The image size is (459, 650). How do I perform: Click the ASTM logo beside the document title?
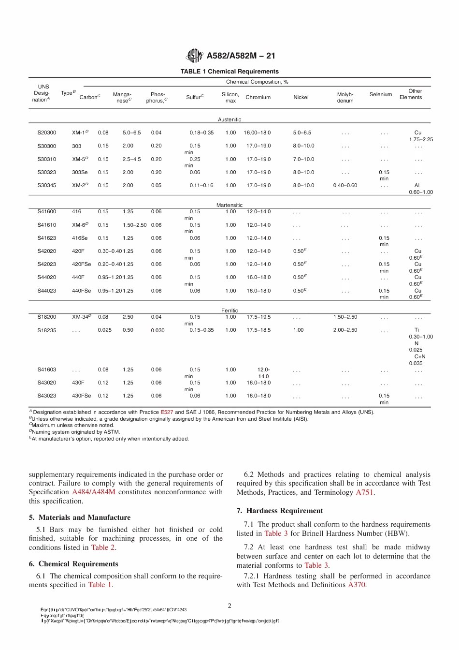click(x=195, y=56)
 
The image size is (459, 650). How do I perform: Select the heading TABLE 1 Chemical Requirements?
click(x=229, y=72)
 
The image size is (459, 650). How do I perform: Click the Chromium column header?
click(x=258, y=97)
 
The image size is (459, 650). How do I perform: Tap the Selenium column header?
click(x=381, y=94)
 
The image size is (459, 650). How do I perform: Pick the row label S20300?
click(x=47, y=133)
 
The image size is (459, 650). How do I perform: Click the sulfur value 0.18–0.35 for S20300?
click(x=201, y=133)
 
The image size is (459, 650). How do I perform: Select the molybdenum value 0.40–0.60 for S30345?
click(x=345, y=185)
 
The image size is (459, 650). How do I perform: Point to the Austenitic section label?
click(x=229, y=119)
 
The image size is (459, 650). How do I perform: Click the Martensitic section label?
click(x=229, y=205)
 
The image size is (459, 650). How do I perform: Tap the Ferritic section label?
click(x=229, y=310)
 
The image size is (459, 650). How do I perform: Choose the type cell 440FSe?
click(x=81, y=291)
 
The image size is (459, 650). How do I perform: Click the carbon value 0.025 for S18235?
click(x=104, y=330)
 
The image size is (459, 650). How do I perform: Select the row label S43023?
click(x=47, y=396)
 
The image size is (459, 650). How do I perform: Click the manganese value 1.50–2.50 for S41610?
click(x=134, y=225)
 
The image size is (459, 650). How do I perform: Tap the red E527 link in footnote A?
click(x=167, y=412)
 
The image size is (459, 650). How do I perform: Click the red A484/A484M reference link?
click(x=94, y=492)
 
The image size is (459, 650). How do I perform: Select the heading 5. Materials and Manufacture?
click(x=80, y=517)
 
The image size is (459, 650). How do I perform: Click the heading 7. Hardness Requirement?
click(x=280, y=511)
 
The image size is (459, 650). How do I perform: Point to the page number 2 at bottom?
click(x=229, y=606)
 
